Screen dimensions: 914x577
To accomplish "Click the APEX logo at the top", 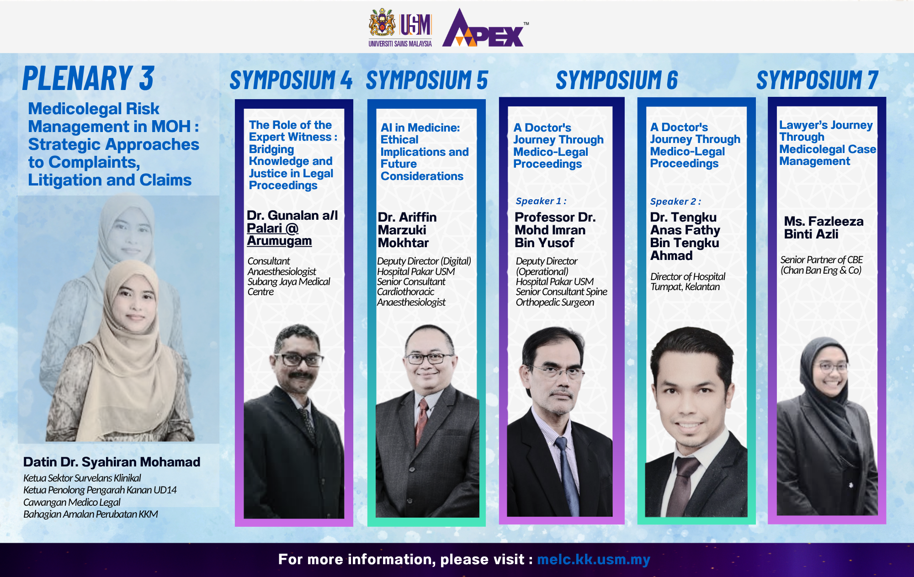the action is click(x=484, y=28).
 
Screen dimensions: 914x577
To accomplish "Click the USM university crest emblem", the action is click(x=382, y=23).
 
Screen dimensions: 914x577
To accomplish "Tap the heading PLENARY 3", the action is click(x=89, y=78).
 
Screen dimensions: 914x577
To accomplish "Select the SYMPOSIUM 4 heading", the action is click(x=291, y=80).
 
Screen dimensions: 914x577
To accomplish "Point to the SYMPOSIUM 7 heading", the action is click(x=818, y=80).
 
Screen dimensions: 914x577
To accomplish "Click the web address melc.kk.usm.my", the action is click(x=594, y=560).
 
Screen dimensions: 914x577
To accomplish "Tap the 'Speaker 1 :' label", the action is click(x=541, y=201).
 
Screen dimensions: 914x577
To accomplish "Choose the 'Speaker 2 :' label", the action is click(x=675, y=201).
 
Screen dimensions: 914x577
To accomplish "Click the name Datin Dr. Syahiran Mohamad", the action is click(x=112, y=462).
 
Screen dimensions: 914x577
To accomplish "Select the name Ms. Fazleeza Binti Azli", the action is click(x=824, y=228).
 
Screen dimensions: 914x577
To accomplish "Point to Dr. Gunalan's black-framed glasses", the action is click(x=298, y=360).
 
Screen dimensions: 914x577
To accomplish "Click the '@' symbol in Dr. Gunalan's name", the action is click(x=292, y=228).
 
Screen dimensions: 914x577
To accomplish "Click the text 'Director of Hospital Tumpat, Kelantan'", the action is click(x=688, y=281).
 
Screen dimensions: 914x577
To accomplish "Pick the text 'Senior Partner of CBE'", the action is click(x=821, y=259).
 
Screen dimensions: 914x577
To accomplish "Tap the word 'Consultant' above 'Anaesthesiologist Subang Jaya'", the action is click(x=269, y=261).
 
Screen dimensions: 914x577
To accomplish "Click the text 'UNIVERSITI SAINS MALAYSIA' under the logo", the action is click(x=400, y=44).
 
